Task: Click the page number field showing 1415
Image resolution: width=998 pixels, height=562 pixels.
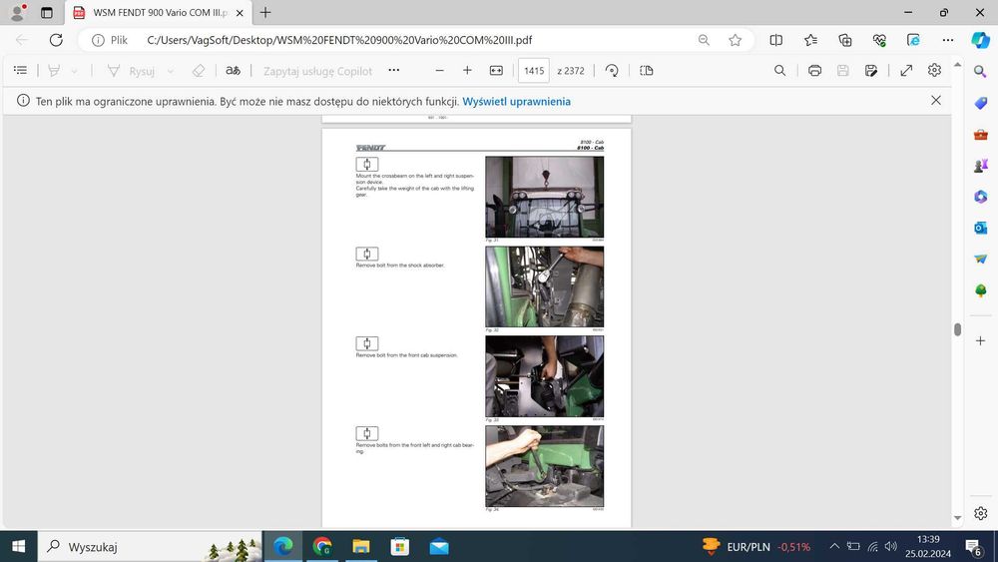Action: click(534, 71)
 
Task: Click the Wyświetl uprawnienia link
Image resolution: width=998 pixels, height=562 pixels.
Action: click(516, 101)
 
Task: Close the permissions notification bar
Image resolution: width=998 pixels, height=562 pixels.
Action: click(935, 101)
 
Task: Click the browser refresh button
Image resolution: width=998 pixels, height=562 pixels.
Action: click(56, 40)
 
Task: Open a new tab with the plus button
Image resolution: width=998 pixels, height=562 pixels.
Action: click(265, 13)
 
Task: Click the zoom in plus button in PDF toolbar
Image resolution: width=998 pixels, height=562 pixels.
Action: click(467, 71)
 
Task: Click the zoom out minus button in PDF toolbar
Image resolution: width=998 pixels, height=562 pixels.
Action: click(439, 71)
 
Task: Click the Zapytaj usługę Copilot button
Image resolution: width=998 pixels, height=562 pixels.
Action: click(317, 71)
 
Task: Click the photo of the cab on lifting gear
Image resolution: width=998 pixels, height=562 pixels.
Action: click(544, 197)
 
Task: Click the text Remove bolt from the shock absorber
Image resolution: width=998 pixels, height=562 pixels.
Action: click(400, 266)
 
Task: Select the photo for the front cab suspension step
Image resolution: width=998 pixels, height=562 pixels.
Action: click(544, 376)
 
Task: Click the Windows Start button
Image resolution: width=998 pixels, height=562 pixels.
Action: click(18, 546)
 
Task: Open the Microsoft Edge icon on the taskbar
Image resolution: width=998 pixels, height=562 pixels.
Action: click(283, 546)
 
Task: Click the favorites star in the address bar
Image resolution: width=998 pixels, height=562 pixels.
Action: click(736, 40)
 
